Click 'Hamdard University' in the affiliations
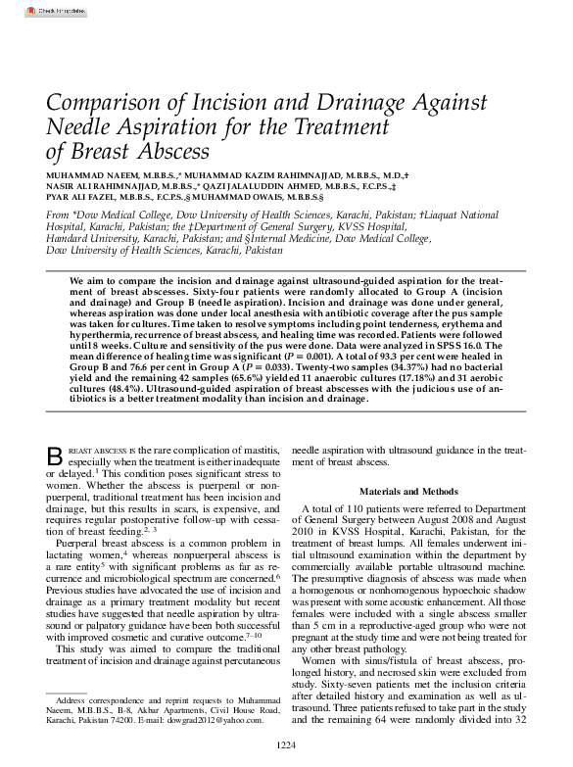click(89, 238)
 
